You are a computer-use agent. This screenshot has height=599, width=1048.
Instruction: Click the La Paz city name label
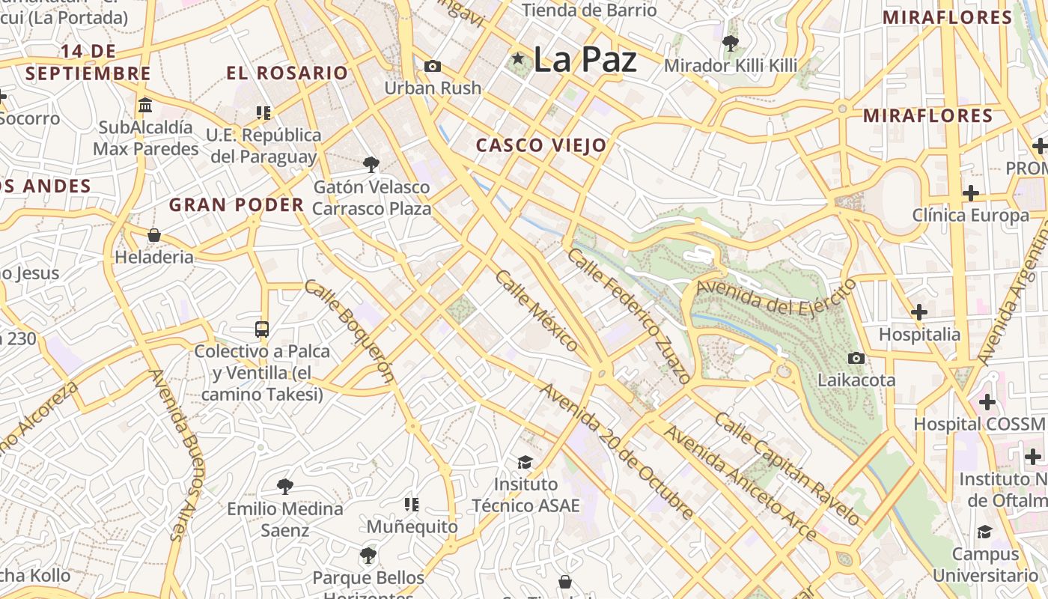point(585,60)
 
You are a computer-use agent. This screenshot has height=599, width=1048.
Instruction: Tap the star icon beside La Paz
point(517,58)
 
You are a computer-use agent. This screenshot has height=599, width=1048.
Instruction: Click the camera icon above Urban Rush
point(432,67)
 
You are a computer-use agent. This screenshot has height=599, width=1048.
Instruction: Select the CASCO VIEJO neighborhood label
point(541,145)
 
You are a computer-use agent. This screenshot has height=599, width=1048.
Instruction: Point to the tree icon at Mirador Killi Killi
point(731,43)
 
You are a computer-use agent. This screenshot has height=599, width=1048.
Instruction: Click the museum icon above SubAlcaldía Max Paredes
point(145,105)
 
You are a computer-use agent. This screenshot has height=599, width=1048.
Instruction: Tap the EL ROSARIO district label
point(287,73)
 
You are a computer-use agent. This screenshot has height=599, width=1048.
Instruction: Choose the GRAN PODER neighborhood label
point(237,204)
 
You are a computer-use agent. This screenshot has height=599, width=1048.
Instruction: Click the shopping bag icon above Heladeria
point(154,235)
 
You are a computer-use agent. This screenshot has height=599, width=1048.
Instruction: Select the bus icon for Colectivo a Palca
point(262,329)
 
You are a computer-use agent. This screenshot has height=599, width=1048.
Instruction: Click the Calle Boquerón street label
point(349,331)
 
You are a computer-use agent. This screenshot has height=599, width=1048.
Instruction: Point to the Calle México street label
point(537,310)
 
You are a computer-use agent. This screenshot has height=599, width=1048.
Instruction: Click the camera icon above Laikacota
point(856,359)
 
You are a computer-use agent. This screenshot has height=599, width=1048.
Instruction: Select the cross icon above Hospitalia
point(919,312)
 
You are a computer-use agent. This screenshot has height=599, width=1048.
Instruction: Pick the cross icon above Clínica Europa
point(971,193)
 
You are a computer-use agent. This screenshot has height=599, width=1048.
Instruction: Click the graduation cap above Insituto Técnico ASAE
point(525,462)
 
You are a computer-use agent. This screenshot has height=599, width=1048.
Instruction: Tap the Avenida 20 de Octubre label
point(618,451)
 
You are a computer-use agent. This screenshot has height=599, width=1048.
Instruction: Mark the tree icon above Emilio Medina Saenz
point(285,487)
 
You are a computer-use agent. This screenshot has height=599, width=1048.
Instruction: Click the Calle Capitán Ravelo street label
point(787,468)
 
